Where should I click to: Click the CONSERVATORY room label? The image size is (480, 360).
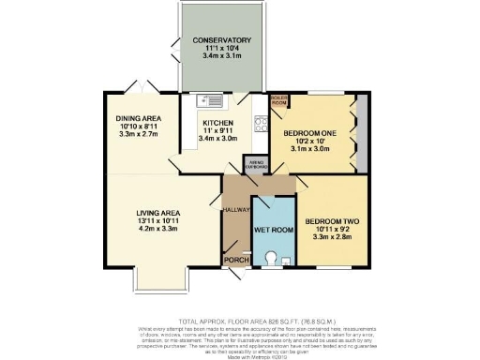click(x=221, y=40)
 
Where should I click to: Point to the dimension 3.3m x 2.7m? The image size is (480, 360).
click(x=136, y=135)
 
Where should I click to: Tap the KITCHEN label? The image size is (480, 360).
click(x=217, y=123)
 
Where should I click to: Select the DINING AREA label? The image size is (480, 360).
click(x=136, y=118)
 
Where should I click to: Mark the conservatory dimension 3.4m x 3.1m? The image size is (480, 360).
click(x=221, y=55)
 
